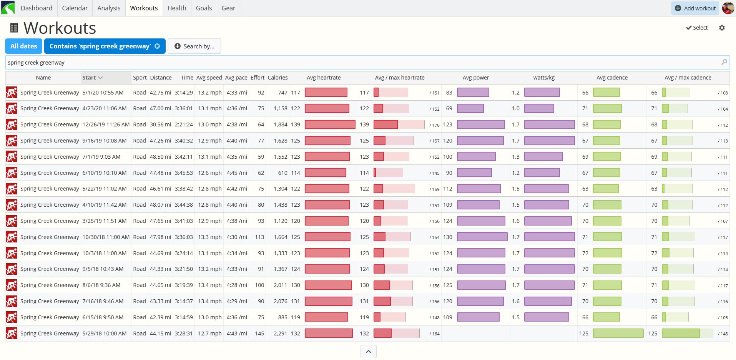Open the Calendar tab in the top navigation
(x=75, y=8)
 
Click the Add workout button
(x=695, y=8)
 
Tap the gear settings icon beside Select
(x=722, y=28)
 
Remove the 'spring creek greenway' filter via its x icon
(x=157, y=46)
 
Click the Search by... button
(x=194, y=46)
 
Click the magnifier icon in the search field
(x=724, y=62)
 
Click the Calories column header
(x=277, y=78)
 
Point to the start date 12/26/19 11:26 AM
(x=106, y=124)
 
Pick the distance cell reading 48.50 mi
(x=160, y=157)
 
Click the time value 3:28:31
(x=184, y=333)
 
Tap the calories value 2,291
(x=280, y=333)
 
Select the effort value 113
(x=259, y=237)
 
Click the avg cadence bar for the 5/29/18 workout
(x=618, y=333)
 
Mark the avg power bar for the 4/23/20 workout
(x=470, y=108)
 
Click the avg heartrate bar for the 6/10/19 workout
(x=325, y=173)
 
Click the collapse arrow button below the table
(x=368, y=352)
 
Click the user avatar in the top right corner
(x=728, y=8)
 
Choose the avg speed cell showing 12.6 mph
(x=210, y=173)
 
